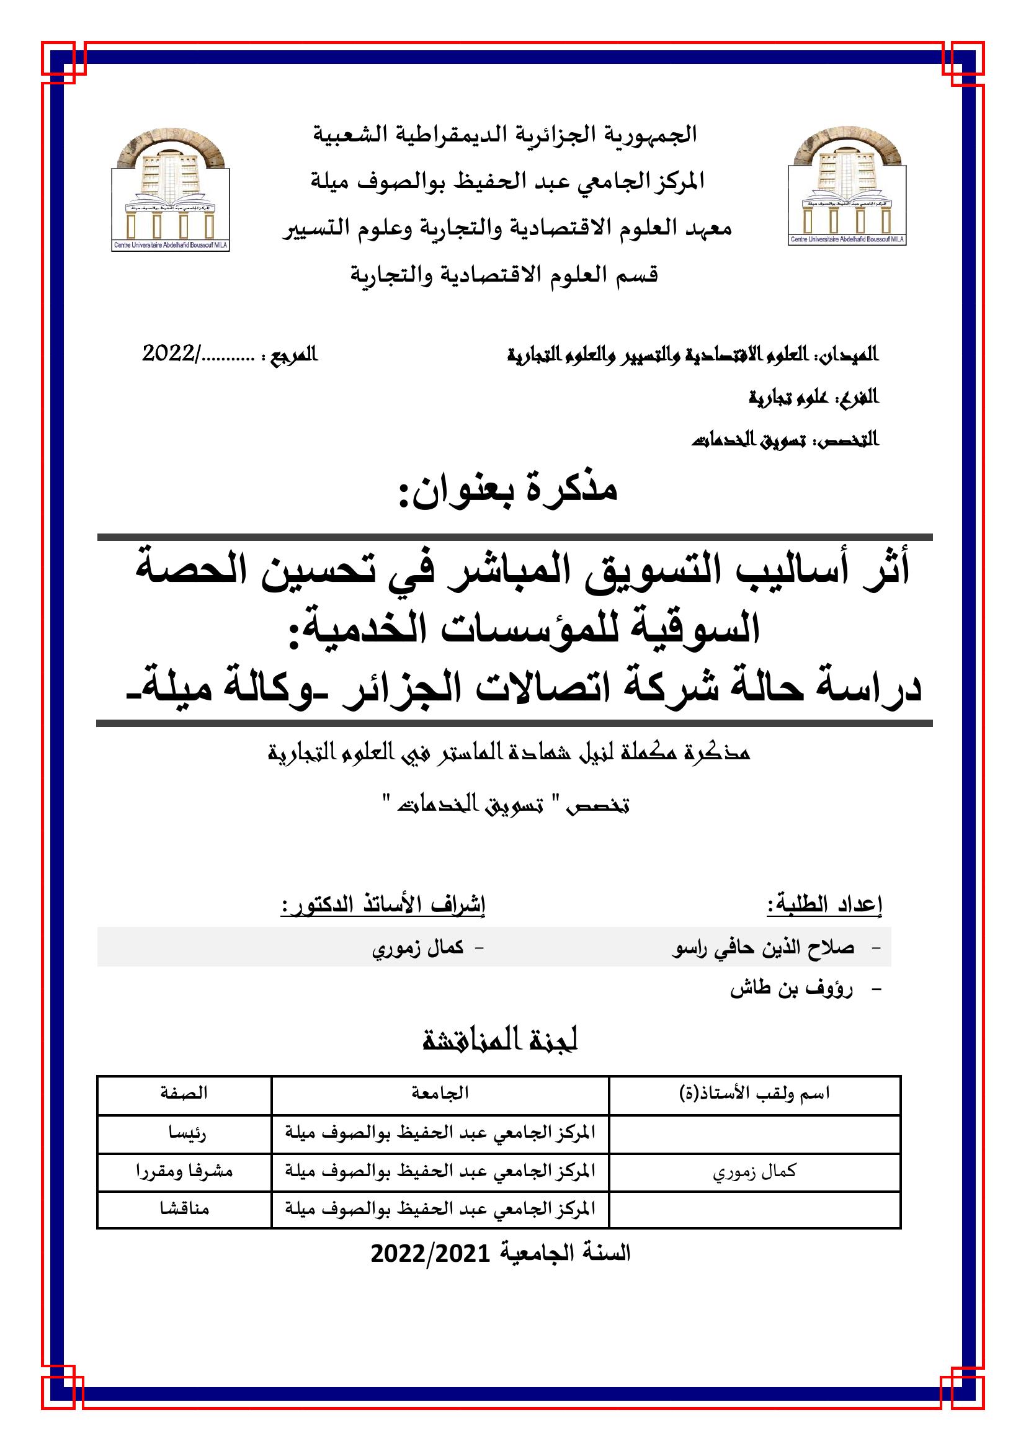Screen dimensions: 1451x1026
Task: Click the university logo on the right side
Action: pyautogui.click(x=847, y=187)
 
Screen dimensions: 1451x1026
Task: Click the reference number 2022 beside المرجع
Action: pyautogui.click(x=169, y=354)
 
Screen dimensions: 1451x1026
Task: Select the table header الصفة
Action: pyautogui.click(x=184, y=1092)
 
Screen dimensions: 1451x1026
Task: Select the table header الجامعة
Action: pyautogui.click(x=440, y=1092)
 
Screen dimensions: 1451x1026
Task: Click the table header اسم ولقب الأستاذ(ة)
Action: pyautogui.click(x=754, y=1092)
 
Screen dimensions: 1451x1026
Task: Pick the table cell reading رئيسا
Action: pyautogui.click(x=184, y=1132)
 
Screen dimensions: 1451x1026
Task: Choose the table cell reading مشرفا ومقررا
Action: pyautogui.click(x=184, y=1171)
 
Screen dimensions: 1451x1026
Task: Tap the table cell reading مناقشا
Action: pyautogui.click(x=184, y=1208)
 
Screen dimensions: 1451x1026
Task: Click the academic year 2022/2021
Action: pyautogui.click(x=501, y=1253)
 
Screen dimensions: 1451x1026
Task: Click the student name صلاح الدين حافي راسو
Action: pyautogui.click(x=762, y=947)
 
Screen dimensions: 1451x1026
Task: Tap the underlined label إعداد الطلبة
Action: pyautogui.click(x=824, y=905)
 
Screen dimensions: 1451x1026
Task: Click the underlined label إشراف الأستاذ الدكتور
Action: pyautogui.click(x=383, y=905)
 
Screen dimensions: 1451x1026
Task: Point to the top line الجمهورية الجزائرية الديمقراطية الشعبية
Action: pyautogui.click(x=506, y=135)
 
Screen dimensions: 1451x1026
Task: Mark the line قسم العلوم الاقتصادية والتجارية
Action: pyautogui.click(x=504, y=275)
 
